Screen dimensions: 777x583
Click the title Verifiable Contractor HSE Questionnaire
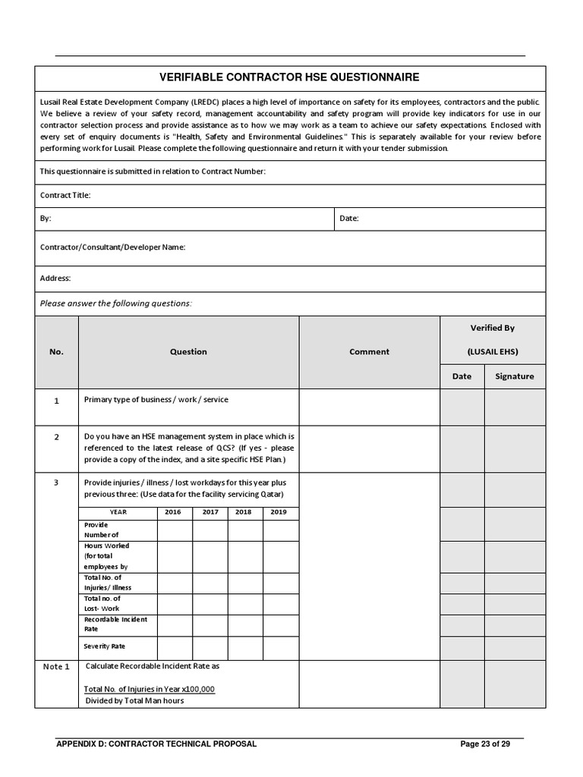point(288,77)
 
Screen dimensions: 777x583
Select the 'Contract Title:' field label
point(65,195)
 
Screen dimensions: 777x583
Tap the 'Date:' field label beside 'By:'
point(348,219)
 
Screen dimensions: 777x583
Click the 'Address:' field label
point(55,278)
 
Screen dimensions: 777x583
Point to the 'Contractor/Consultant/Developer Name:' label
point(112,247)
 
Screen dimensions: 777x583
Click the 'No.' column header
point(56,352)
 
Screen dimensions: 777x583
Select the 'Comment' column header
point(369,352)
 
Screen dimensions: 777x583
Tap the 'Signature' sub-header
point(514,376)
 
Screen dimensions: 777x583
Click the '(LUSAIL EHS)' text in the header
point(492,352)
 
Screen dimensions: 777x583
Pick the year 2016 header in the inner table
point(174,512)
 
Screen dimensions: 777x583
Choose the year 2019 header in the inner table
point(279,512)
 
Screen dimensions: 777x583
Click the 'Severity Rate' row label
point(104,646)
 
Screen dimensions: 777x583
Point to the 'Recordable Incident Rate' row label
point(115,624)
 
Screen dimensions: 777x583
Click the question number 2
point(56,437)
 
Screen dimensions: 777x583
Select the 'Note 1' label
point(56,667)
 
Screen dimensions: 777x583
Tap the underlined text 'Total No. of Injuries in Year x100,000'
point(150,689)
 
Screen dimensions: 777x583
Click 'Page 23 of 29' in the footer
point(485,744)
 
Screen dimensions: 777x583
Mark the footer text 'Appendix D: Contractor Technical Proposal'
point(156,744)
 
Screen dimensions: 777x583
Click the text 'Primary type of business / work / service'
point(156,399)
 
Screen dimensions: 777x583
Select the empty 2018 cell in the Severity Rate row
point(244,647)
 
